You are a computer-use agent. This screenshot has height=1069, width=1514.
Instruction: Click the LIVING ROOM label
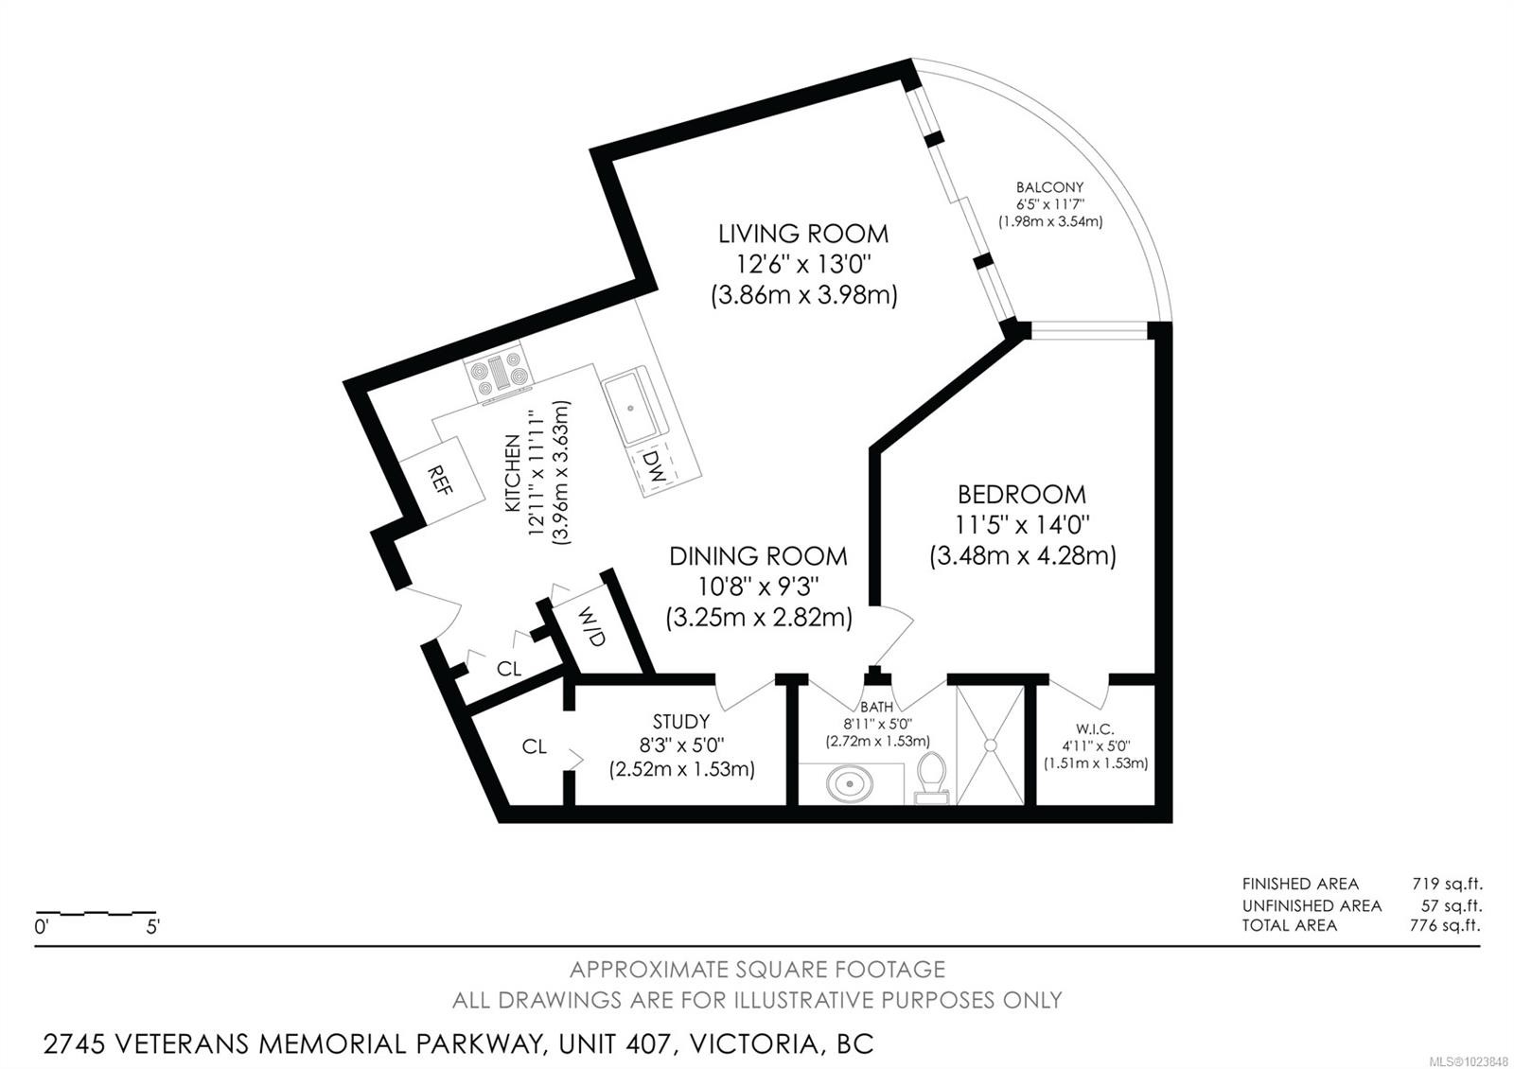click(803, 234)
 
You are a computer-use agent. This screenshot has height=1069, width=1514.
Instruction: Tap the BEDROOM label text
click(1021, 495)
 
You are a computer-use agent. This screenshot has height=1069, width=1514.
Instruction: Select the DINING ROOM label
click(758, 556)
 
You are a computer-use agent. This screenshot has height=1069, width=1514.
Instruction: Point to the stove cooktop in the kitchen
click(498, 375)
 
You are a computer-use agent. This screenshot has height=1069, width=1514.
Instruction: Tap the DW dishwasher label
click(654, 465)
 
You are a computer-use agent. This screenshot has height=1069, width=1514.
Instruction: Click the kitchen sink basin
click(631, 408)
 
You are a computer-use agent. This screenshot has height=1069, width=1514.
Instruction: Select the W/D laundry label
click(591, 626)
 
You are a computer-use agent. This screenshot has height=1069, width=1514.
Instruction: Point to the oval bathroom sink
click(850, 784)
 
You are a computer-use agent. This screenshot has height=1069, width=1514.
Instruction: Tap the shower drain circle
click(990, 745)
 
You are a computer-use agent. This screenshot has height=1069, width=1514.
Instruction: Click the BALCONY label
click(1049, 187)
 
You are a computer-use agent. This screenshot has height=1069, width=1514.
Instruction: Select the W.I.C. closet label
click(1096, 729)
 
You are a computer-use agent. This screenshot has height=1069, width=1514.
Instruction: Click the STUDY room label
click(681, 720)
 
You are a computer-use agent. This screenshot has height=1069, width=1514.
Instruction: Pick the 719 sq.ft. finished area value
click(1447, 884)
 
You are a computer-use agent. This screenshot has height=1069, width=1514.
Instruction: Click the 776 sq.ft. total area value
click(1445, 925)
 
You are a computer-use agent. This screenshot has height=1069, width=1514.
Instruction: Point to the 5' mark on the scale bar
click(153, 926)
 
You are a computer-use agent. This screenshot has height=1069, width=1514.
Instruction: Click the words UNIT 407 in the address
click(617, 1044)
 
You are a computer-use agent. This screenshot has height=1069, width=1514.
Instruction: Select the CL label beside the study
click(534, 746)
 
